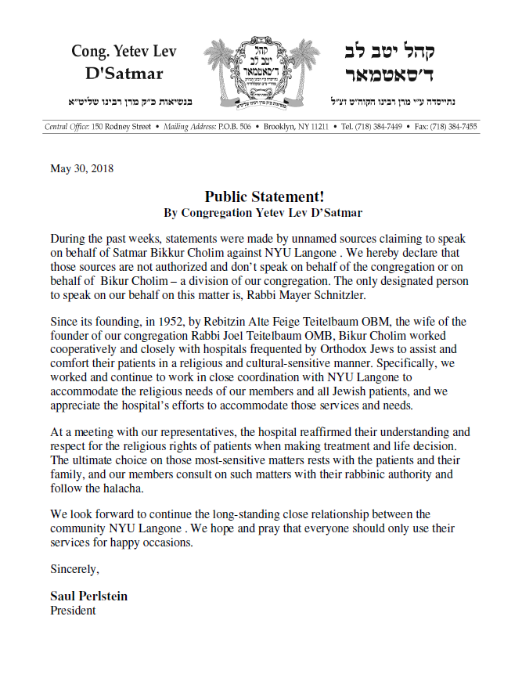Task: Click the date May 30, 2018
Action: (x=81, y=168)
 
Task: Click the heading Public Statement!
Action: (x=265, y=196)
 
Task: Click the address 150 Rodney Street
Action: (x=121, y=126)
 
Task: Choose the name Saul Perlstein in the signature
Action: (x=88, y=596)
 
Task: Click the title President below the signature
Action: (x=73, y=610)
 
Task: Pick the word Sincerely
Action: (x=75, y=568)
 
